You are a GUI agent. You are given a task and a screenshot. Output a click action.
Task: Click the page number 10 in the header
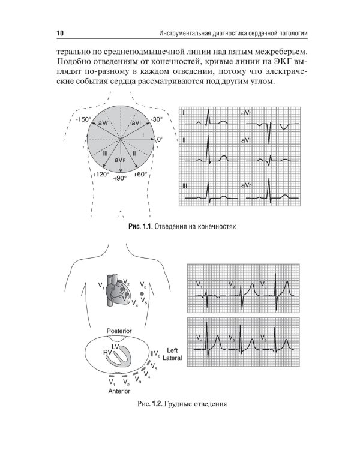click(x=60, y=31)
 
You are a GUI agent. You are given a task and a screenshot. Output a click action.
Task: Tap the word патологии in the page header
click(x=286, y=31)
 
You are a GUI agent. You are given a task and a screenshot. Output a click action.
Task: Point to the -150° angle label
click(x=83, y=119)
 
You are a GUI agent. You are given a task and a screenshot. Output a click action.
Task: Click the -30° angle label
click(x=158, y=119)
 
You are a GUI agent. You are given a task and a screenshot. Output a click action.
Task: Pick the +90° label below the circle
click(x=121, y=179)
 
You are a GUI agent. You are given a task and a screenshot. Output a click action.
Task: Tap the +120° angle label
click(x=100, y=175)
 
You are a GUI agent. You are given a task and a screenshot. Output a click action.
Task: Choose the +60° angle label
click(x=140, y=175)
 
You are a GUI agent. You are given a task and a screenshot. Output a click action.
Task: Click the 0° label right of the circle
click(x=159, y=139)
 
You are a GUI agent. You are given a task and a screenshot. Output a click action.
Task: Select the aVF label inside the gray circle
click(x=121, y=160)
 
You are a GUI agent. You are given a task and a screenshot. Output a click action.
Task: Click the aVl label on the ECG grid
click(x=247, y=140)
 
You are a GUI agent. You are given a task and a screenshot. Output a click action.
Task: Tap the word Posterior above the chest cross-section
click(x=119, y=331)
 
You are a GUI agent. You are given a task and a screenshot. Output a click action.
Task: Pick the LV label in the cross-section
click(x=117, y=347)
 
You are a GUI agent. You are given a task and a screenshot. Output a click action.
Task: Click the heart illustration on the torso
click(x=117, y=293)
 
